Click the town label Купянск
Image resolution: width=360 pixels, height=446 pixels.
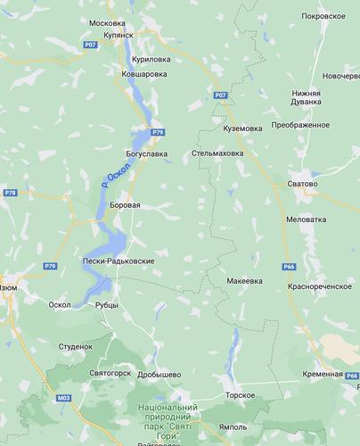click(x=116, y=34)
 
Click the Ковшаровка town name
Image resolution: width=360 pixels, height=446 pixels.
click(x=143, y=74)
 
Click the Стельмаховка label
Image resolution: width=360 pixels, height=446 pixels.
click(x=219, y=153)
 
